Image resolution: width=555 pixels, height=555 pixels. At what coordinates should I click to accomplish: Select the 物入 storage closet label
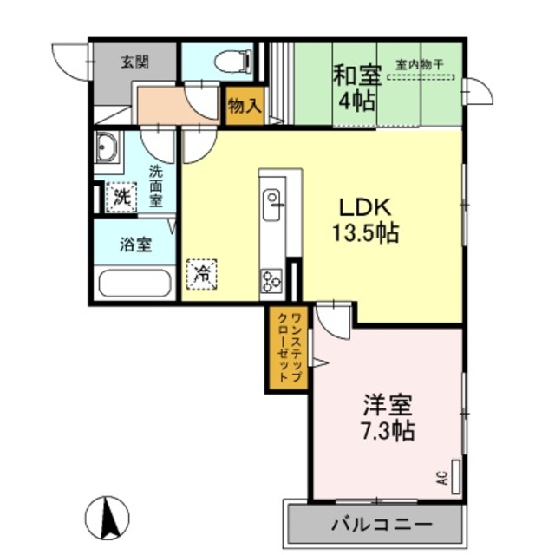pos(244,107)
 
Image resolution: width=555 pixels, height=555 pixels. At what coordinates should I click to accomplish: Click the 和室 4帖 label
pos(356,87)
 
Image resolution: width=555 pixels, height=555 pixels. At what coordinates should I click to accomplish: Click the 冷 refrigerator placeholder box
pos(201,275)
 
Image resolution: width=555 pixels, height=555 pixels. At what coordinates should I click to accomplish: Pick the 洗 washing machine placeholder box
pos(121,197)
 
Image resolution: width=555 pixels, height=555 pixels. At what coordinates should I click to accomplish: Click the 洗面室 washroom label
pos(155,185)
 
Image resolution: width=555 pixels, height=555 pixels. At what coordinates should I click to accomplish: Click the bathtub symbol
pos(134,284)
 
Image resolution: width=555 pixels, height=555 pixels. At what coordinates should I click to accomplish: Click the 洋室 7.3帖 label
pos(387,417)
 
